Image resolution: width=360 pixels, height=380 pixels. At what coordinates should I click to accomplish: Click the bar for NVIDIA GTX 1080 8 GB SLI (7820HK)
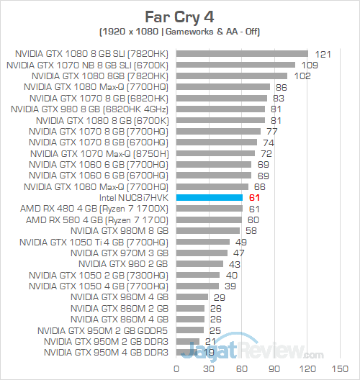(241, 54)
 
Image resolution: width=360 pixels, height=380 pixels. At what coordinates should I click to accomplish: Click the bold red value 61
(253, 197)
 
